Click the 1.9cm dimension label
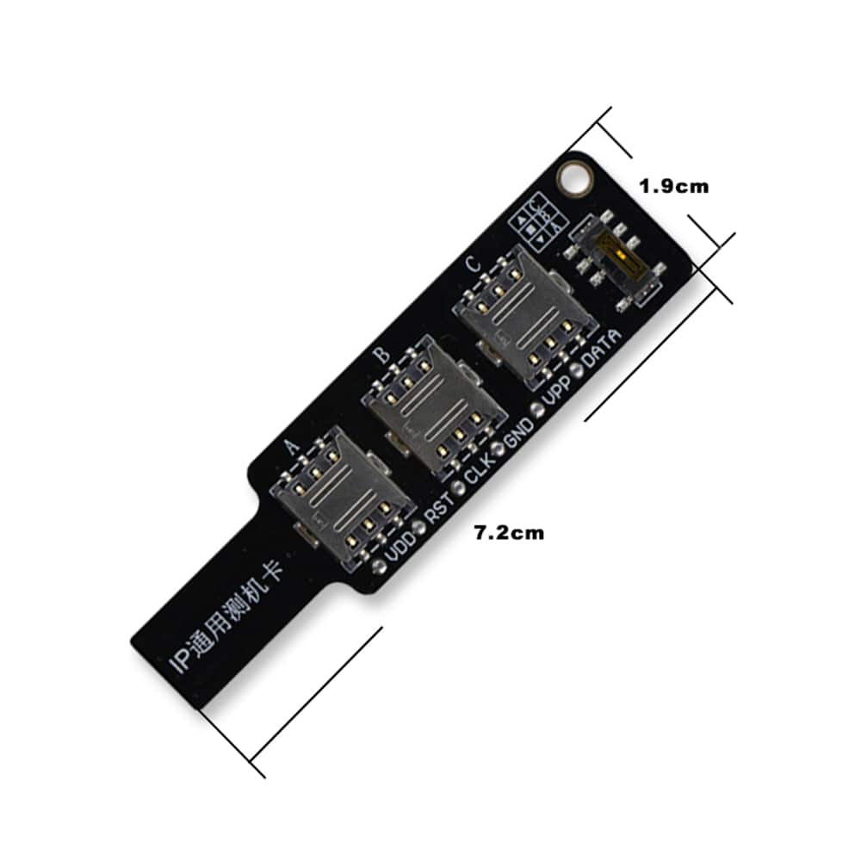[673, 186]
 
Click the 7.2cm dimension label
[510, 533]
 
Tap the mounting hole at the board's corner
[573, 179]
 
